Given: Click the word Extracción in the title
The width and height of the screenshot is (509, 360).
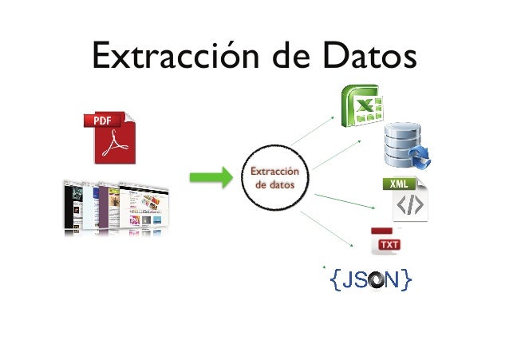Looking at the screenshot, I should pos(165,57).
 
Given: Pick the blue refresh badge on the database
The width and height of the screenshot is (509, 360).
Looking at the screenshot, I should pos(420,158).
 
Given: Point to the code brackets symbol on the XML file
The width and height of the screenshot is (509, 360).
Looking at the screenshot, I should pos(409,206).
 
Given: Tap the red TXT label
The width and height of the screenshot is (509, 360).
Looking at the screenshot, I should pos(389,243).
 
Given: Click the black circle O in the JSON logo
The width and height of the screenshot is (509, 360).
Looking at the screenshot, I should pos(377,279).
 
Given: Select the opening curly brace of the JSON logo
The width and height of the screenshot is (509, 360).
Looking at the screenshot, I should pos(336,279).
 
